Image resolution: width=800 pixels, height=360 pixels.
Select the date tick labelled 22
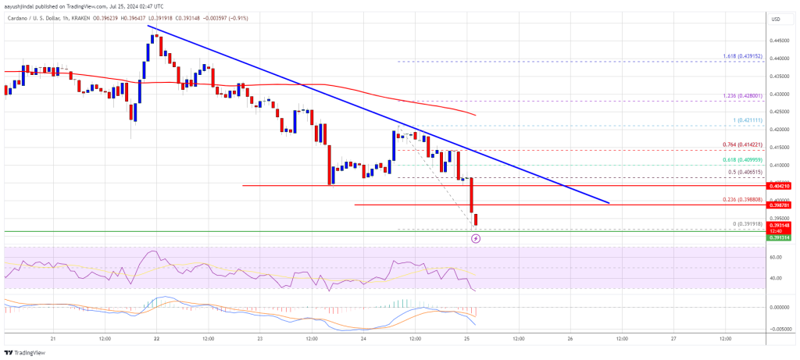(x=157, y=339)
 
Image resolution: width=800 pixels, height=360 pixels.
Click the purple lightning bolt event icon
(x=476, y=238)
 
